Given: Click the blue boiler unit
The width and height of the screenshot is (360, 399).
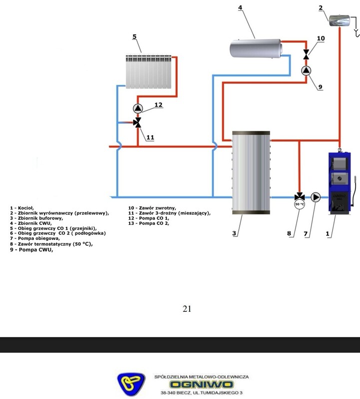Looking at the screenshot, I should tap(337, 182).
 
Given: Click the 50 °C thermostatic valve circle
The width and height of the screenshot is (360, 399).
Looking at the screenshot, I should tap(299, 204).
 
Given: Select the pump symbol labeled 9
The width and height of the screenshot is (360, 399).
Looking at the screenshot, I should tap(306, 70).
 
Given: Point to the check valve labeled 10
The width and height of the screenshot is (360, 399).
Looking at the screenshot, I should tap(306, 54).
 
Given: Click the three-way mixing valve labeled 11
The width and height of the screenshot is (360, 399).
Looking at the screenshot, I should tap(137, 123).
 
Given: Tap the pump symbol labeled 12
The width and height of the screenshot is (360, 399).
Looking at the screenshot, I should tap(137, 108).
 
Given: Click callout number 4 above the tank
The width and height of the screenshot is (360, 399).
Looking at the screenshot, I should tap(240, 7).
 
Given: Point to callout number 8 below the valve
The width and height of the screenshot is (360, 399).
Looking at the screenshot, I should tap(289, 232).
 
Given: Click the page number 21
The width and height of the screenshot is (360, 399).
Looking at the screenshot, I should tap(187, 309).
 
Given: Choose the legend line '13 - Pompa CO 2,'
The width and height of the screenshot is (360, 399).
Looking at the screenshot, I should tap(149, 223).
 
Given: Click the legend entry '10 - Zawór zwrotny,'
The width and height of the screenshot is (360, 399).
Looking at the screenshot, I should tap(152, 207).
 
